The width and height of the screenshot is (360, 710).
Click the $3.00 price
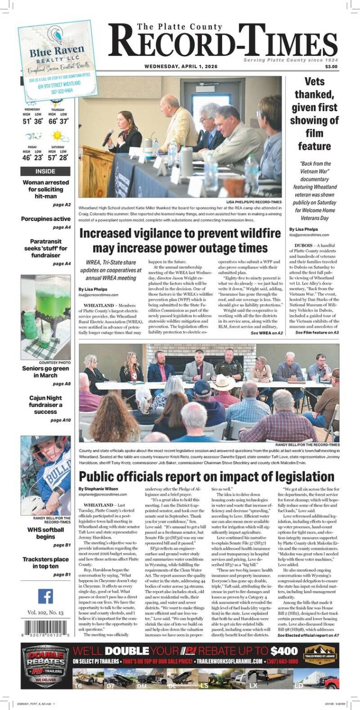point(331,67)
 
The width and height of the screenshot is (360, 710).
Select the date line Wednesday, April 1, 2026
point(181,67)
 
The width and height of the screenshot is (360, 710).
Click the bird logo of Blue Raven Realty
point(57,36)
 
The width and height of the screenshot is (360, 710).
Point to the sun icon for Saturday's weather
point(58,136)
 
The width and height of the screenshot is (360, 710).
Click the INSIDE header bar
point(45,171)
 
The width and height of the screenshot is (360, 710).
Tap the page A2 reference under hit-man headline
point(62,205)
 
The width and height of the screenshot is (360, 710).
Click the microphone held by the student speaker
point(108,137)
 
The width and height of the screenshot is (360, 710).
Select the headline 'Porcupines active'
point(45,219)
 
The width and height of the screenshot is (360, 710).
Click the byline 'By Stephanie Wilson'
point(98,488)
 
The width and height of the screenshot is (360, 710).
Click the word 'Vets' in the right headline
point(314,82)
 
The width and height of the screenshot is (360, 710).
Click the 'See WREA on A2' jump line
point(267,333)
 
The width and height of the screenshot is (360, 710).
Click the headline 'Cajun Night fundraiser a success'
point(45,405)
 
